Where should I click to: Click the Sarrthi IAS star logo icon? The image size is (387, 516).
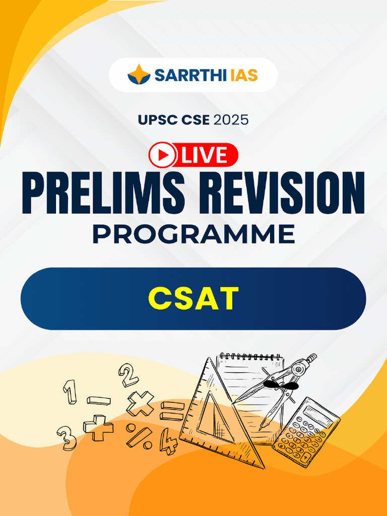coord(139,75)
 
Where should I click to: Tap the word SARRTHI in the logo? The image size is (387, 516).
coord(183,75)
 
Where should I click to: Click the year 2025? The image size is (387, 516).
coord(231,120)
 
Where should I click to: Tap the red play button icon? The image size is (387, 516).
coord(163,155)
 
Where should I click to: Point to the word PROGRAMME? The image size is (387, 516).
coord(193,235)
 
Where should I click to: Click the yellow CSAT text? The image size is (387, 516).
coord(193,298)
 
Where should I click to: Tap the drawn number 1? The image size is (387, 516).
coord(70,391)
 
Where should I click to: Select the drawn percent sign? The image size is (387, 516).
coord(139,436)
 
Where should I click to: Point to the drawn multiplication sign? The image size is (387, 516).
coord(140,403)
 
